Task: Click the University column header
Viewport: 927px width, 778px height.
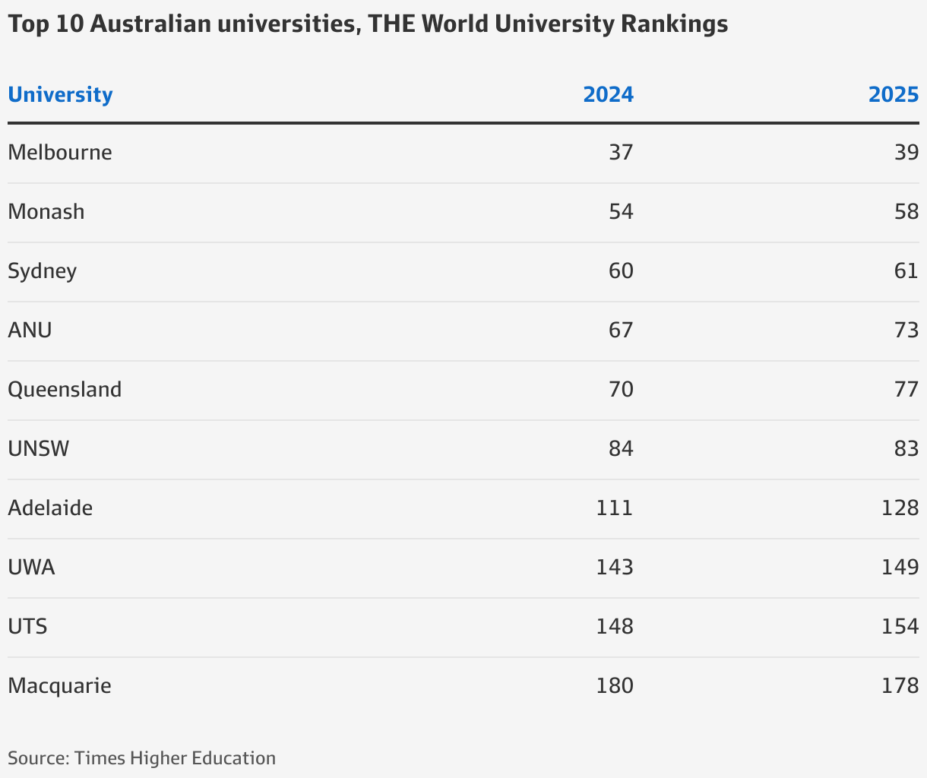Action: pos(60,95)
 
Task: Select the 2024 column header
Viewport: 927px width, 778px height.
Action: pos(608,95)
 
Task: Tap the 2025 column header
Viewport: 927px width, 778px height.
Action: pos(894,95)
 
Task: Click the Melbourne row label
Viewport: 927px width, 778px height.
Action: pos(60,153)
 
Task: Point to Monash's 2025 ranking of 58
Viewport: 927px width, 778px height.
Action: pos(906,212)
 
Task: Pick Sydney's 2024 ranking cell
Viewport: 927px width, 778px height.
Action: pos(621,271)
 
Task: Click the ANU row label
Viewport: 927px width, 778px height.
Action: pos(30,330)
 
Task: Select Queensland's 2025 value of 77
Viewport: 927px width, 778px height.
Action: pos(906,390)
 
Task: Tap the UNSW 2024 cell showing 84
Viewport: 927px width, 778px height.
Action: pos(621,449)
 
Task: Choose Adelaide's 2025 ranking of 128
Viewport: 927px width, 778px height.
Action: pos(900,508)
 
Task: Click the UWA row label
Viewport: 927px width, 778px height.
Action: pos(31,568)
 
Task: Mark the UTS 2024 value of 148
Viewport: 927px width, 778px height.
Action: pos(615,627)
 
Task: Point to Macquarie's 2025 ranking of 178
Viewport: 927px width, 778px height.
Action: pos(900,686)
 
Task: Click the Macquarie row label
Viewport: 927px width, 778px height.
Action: pos(59,686)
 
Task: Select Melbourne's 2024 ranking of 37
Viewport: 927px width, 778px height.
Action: pos(621,153)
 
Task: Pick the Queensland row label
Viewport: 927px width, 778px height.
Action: pos(65,390)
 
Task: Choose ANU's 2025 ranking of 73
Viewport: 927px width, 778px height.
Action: pos(906,330)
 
